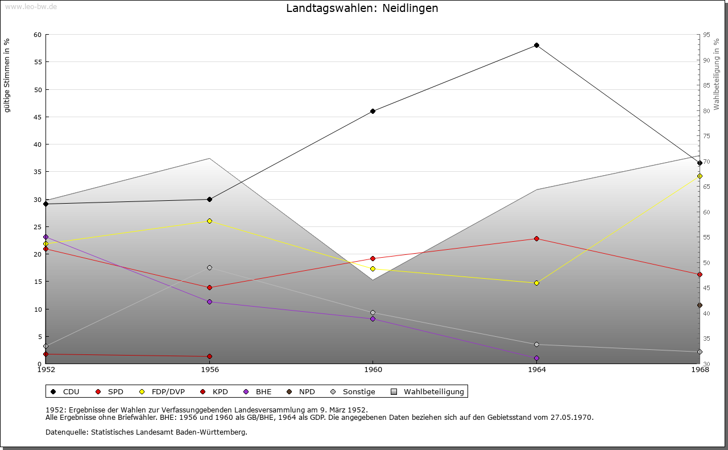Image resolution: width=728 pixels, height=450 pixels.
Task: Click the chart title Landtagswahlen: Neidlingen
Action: coord(362,9)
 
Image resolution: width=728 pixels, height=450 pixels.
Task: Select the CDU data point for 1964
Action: coord(536,46)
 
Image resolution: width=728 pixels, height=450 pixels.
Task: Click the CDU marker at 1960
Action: coord(373,112)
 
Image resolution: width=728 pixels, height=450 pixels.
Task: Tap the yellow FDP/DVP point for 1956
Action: coord(209,221)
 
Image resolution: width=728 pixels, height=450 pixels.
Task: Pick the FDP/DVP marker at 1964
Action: coord(536,283)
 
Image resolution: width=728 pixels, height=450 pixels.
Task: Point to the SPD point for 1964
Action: coord(536,238)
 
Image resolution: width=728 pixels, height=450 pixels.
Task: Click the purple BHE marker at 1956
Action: coord(209,302)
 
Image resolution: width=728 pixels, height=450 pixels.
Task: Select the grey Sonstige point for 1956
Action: coord(209,267)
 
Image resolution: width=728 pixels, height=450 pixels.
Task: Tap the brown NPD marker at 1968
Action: coord(700,305)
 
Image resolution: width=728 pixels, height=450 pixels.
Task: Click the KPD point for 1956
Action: coord(209,357)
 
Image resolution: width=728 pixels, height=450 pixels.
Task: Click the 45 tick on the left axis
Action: coord(38,117)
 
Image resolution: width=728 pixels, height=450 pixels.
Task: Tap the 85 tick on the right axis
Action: coord(706,85)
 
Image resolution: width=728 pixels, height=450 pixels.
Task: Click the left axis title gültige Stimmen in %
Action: coord(7,75)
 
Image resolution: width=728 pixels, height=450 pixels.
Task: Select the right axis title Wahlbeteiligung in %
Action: coord(717,75)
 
